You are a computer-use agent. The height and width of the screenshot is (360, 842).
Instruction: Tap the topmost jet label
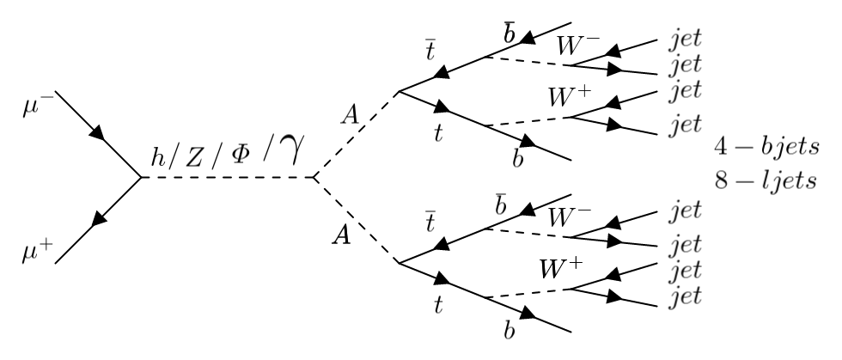pos(685,40)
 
